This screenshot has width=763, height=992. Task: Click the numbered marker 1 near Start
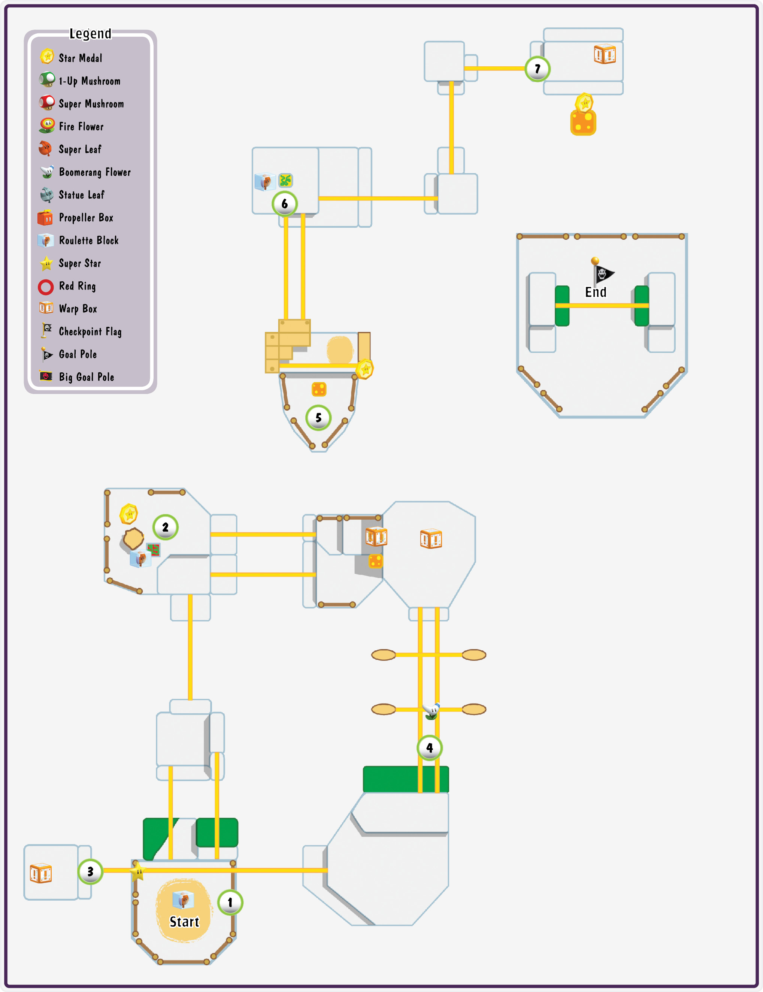(230, 902)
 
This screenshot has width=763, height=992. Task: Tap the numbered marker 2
(165, 527)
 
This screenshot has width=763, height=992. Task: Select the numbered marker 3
(90, 872)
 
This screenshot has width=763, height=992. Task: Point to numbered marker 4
(430, 748)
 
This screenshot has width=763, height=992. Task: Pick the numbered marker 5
(318, 418)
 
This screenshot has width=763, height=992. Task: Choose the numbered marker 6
(285, 204)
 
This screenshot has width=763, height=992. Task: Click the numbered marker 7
(538, 69)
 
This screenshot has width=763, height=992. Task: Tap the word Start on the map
(184, 922)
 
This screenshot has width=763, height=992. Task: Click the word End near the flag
(596, 292)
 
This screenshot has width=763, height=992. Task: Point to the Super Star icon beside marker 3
(138, 871)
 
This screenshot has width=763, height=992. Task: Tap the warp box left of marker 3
(41, 873)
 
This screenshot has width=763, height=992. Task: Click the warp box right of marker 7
(605, 54)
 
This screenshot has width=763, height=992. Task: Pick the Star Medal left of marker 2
(129, 514)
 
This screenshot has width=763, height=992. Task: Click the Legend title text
(90, 34)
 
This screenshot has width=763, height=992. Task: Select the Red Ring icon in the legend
(46, 287)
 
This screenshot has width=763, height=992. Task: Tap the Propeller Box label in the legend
(86, 218)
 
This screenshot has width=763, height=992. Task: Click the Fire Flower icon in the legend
(47, 126)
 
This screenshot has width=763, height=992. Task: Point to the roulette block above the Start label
(184, 899)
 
